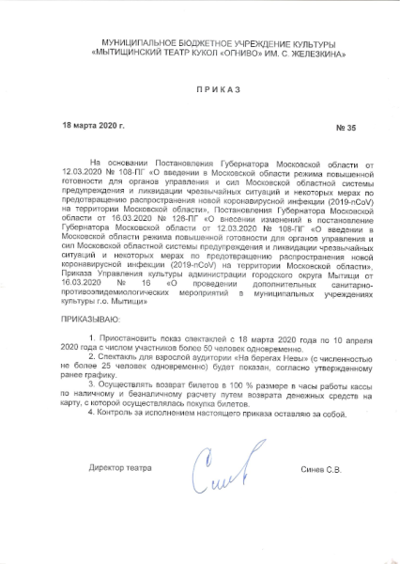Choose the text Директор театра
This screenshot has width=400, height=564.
coord(119,467)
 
